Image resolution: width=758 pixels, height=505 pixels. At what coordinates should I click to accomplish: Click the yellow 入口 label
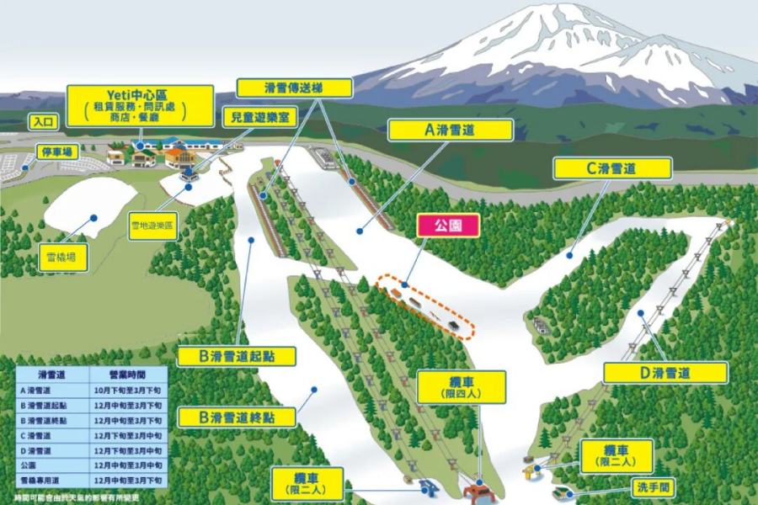coord(44,122)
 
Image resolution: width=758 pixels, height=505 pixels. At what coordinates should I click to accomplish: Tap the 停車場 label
coord(58,152)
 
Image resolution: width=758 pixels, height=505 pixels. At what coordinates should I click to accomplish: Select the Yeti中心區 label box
coord(139,105)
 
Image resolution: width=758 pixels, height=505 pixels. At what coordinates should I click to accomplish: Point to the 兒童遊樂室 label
coord(258,117)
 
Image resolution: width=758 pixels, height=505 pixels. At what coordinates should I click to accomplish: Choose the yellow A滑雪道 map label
coord(451,130)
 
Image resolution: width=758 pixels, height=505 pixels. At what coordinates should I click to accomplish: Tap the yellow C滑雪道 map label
coord(611,168)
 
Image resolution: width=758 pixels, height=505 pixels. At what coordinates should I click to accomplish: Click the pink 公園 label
coord(449,225)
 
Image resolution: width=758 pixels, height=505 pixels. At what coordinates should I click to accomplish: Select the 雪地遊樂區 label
coord(151,226)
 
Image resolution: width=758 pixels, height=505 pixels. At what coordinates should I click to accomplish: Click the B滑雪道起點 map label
coord(237,356)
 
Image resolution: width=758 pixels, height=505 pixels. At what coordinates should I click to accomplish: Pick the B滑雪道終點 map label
coord(237,416)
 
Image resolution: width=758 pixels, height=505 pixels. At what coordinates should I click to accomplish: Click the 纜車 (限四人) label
coord(462,387)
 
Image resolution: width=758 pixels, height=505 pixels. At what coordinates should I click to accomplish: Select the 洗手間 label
coord(654,487)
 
